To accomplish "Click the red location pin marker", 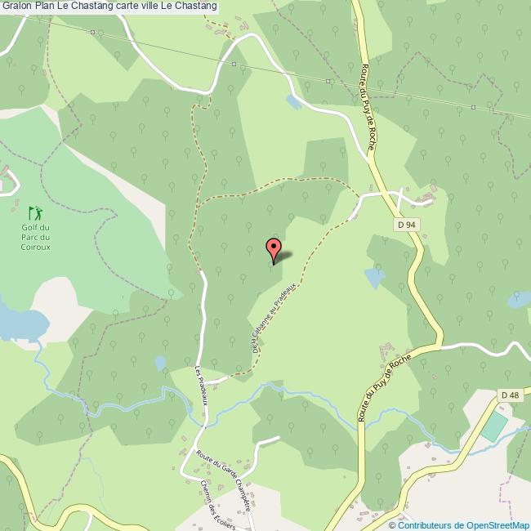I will click(x=274, y=248).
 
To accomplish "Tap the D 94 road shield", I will click(x=408, y=224).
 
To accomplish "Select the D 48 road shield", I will click(x=510, y=395).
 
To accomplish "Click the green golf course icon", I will click(x=33, y=212).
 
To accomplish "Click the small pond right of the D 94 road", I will click(x=374, y=278).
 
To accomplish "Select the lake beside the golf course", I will click(x=16, y=322).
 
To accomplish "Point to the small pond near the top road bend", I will click(x=292, y=102).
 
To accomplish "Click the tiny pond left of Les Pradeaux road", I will click(x=161, y=362).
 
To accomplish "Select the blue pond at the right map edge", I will click(x=520, y=299).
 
